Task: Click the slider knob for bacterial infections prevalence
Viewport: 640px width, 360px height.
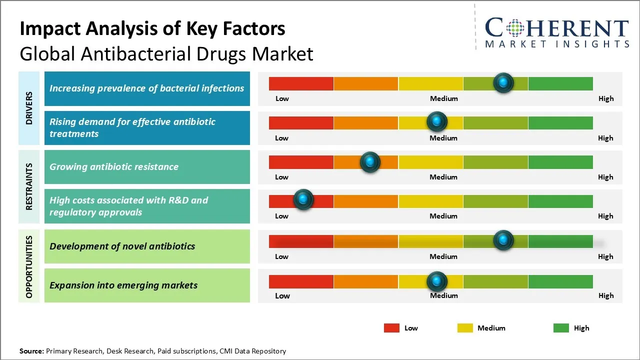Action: pos(503,82)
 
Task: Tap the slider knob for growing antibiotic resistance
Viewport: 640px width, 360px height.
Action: pos(370,162)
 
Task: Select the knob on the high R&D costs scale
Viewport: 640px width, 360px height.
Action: pos(303,200)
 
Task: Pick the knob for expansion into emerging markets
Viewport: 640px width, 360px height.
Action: pos(437,281)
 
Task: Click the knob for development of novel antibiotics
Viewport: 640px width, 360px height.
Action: pos(503,240)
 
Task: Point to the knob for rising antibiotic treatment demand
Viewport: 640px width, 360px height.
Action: pos(437,121)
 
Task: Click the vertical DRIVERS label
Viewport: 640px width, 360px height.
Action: pos(29,108)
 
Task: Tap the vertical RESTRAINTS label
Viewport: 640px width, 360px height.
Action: pos(29,186)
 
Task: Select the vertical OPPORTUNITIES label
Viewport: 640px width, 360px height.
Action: pos(29,266)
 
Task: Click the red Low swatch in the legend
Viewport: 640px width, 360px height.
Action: pos(391,328)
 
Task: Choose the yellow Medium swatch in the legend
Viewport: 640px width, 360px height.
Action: pos(465,328)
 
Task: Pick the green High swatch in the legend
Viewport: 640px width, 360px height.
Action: pos(561,328)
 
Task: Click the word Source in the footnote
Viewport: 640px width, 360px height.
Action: pos(31,351)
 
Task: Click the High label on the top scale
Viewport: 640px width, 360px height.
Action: pos(606,98)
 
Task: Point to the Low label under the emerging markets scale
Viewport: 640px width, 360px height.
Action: pos(282,295)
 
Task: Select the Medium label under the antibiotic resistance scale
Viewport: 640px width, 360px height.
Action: pos(443,177)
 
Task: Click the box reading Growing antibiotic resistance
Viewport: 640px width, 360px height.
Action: pos(147,167)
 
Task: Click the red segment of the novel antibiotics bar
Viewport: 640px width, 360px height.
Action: pos(301,241)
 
